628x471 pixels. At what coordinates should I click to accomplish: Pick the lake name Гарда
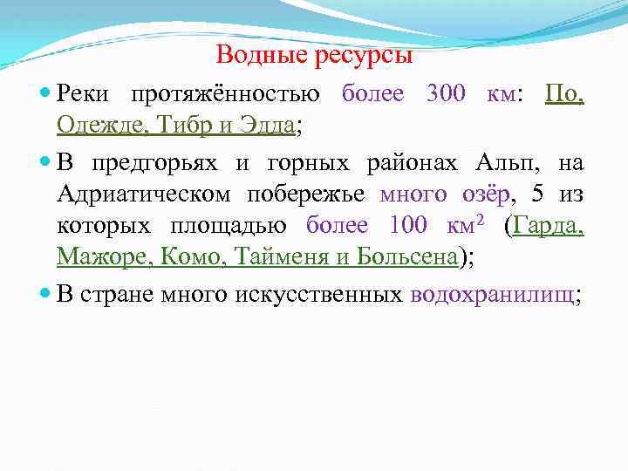(549, 226)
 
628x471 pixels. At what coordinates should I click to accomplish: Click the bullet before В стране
(46, 294)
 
